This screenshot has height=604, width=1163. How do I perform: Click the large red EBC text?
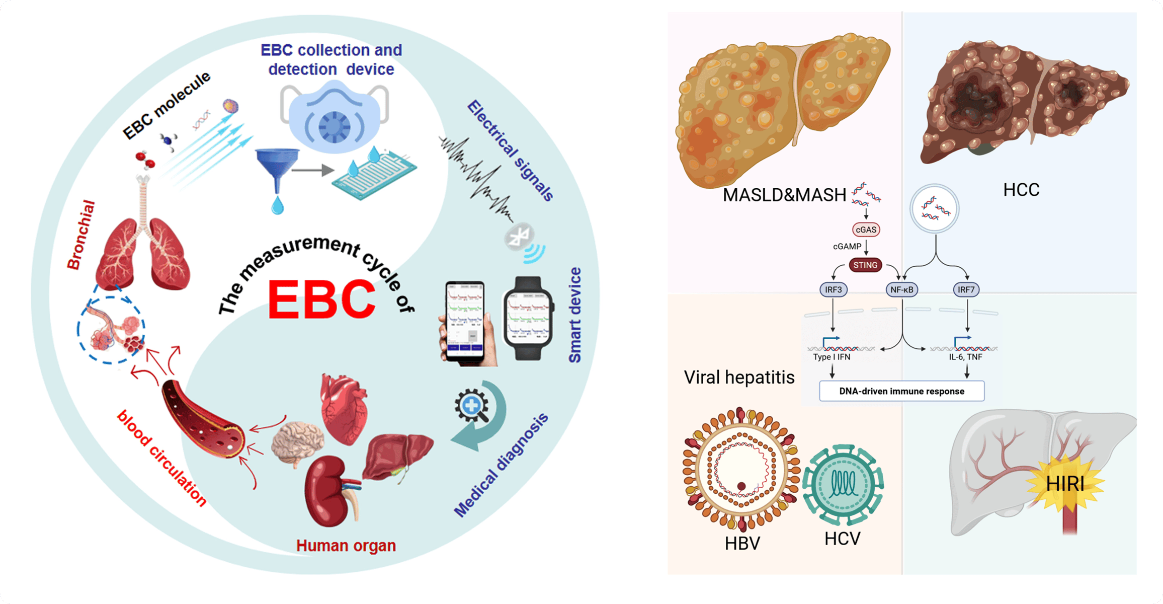click(322, 300)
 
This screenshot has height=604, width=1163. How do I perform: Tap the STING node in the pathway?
click(865, 265)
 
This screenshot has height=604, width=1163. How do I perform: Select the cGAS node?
click(866, 230)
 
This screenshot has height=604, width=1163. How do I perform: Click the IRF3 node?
click(833, 289)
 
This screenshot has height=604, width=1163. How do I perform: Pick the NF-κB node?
click(901, 289)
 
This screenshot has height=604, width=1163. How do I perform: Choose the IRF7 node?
click(966, 289)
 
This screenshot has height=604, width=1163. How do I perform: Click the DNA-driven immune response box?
click(901, 391)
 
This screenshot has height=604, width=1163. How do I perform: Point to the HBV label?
click(742, 544)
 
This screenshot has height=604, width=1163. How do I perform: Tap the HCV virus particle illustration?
click(843, 484)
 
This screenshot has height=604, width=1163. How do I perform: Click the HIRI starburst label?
click(1065, 484)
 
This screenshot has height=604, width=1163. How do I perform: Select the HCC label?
click(1021, 190)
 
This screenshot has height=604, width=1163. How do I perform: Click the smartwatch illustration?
click(528, 318)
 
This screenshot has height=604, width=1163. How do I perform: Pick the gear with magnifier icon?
click(472, 406)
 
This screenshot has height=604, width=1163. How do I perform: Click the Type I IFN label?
click(832, 357)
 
